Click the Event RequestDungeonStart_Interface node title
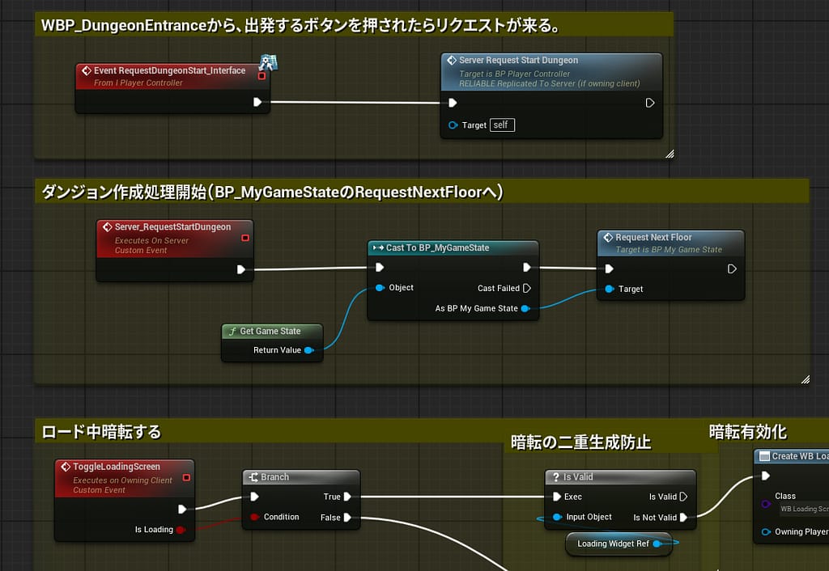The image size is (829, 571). [x=169, y=71]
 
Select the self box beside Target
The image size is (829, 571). [x=502, y=125]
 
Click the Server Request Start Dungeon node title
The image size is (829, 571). [x=518, y=61]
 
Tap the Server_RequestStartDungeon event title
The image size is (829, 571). [x=172, y=227]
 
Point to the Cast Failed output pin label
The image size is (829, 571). [x=498, y=288]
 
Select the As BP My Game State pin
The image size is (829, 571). [x=525, y=308]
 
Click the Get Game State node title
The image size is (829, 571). [x=270, y=331]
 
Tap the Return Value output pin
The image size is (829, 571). [x=308, y=350]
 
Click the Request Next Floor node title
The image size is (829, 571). [x=653, y=238]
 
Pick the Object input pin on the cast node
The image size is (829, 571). [x=379, y=288]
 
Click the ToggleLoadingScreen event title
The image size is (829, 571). [x=117, y=467]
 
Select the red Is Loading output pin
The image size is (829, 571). [x=181, y=530]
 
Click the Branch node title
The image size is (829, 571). [x=274, y=477]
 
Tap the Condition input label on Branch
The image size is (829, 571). [x=281, y=517]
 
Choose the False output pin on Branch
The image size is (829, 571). [x=347, y=517]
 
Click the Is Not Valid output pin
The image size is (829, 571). [x=684, y=517]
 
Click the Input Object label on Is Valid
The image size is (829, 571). [x=589, y=517]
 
